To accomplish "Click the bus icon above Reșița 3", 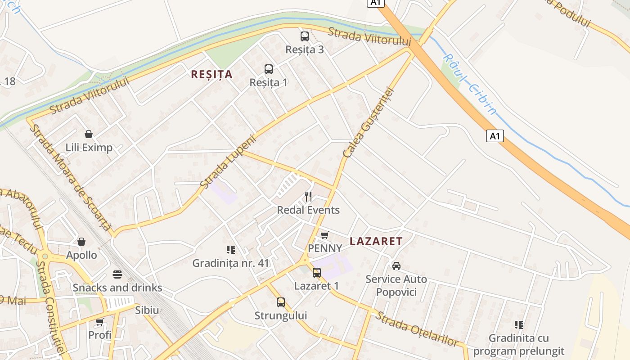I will (x=305, y=36).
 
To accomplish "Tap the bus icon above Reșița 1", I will (x=269, y=69).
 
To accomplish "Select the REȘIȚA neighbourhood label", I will (x=211, y=75).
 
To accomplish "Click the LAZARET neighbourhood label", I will (x=376, y=241).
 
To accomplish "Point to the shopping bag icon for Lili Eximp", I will (x=89, y=134).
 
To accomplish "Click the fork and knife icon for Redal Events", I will (x=308, y=197).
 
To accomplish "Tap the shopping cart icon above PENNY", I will (x=324, y=235).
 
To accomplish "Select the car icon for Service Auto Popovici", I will (x=396, y=266).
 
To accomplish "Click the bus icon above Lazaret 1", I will (x=317, y=272).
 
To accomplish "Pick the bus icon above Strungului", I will (x=281, y=302).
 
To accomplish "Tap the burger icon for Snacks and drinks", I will (x=117, y=274).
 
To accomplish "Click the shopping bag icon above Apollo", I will (x=81, y=242).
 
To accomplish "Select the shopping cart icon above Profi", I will (x=99, y=322).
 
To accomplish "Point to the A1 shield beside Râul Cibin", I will (x=495, y=136).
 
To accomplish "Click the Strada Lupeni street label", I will (x=228, y=162).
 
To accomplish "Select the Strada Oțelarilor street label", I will (x=416, y=329).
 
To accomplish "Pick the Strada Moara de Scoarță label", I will (x=69, y=177).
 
